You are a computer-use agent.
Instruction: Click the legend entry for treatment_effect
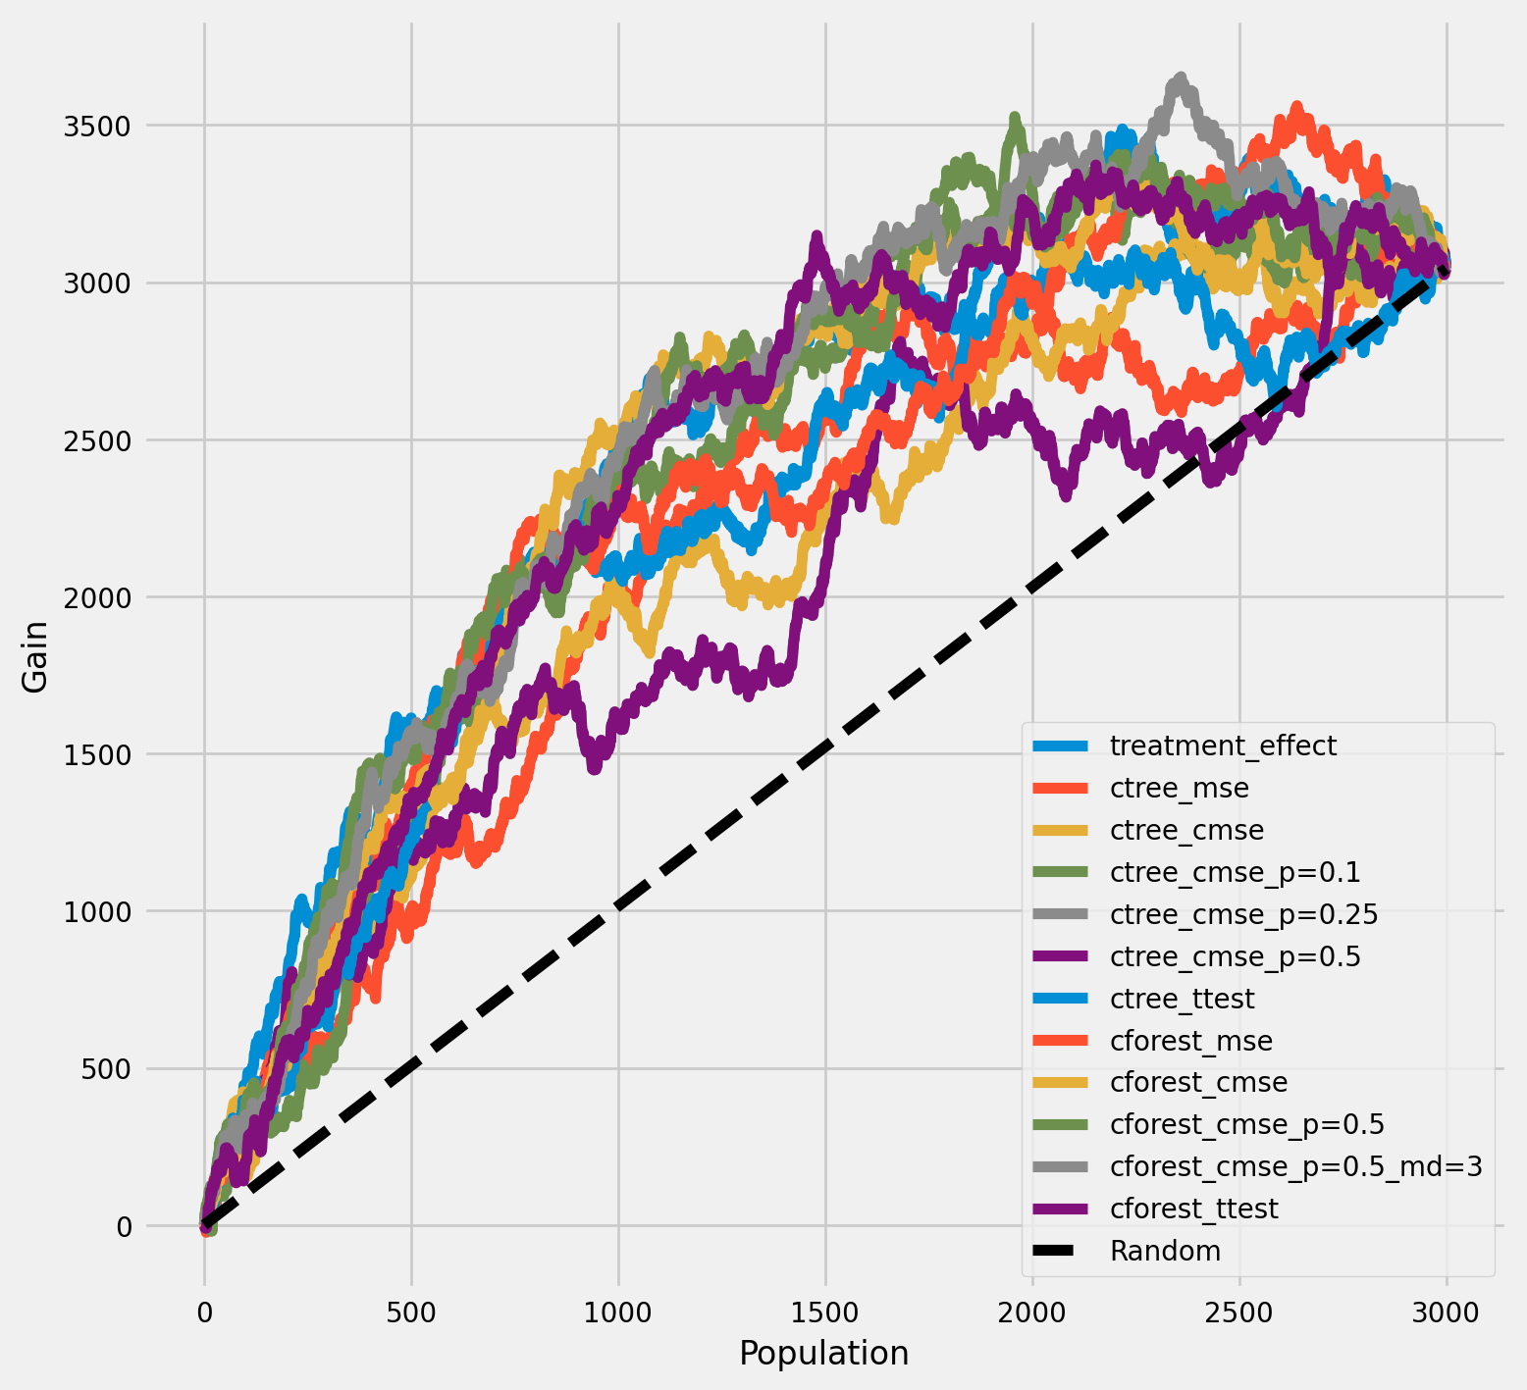point(1223,746)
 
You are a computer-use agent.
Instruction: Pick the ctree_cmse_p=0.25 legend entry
point(1243,914)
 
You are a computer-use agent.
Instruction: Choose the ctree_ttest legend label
point(1182,999)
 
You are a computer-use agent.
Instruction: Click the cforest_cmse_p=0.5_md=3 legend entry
point(1295,1166)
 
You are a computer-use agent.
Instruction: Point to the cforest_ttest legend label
point(1193,1209)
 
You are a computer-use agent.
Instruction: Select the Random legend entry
point(1165,1251)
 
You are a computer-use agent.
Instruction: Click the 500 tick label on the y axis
point(107,1068)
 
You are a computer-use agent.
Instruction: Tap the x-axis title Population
point(823,1354)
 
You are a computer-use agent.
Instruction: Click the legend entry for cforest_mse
point(1190,1041)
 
